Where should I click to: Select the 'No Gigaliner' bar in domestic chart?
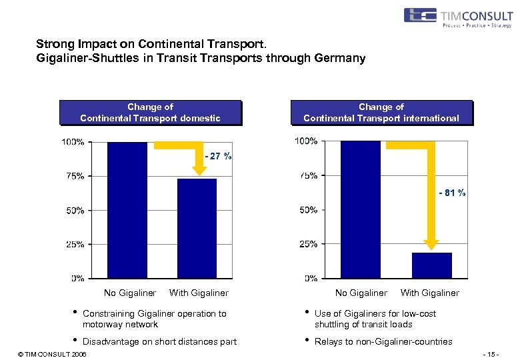pyautogui.click(x=127, y=210)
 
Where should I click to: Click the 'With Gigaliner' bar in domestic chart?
pyautogui.click(x=197, y=228)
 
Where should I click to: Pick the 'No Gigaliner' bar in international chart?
pyautogui.click(x=360, y=210)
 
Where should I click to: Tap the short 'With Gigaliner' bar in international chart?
pyautogui.click(x=431, y=265)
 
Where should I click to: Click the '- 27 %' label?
pyautogui.click(x=218, y=156)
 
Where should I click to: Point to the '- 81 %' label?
pyautogui.click(x=451, y=193)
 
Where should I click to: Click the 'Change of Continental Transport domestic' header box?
pyautogui.click(x=150, y=113)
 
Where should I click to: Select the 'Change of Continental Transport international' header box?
pyautogui.click(x=381, y=113)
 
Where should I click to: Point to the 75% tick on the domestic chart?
pyautogui.click(x=74, y=176)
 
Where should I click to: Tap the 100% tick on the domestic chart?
pyautogui.click(x=73, y=142)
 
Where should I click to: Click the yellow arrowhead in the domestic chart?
pyautogui.click(x=200, y=171)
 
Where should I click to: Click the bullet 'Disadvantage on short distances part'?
pyautogui.click(x=159, y=341)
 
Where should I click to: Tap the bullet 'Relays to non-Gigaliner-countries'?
pyautogui.click(x=383, y=341)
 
